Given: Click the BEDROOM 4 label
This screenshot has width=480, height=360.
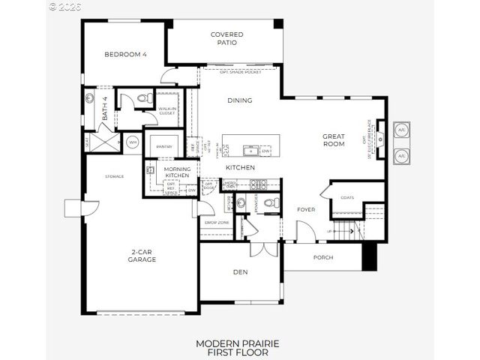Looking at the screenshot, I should pyautogui.click(x=125, y=54).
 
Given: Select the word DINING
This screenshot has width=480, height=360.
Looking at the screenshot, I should pyautogui.click(x=239, y=100).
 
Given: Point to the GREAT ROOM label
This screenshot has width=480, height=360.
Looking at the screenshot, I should pyautogui.click(x=334, y=141).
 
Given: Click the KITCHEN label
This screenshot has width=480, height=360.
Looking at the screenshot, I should pyautogui.click(x=240, y=167).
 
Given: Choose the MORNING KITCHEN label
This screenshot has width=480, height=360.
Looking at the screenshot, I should pyautogui.click(x=177, y=172).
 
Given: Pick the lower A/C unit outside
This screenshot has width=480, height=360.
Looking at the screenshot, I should pyautogui.click(x=401, y=155).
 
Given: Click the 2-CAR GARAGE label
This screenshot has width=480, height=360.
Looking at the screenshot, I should pyautogui.click(x=141, y=256).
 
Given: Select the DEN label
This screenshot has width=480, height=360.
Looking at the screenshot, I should pyautogui.click(x=240, y=271).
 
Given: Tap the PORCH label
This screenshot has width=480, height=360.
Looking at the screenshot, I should pyautogui.click(x=323, y=258).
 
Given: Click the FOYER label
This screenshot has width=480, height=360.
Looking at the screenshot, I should pyautogui.click(x=305, y=209).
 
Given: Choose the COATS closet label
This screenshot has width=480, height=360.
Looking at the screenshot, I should pyautogui.click(x=346, y=198).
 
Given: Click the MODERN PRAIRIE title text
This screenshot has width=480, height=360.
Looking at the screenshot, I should pyautogui.click(x=237, y=343).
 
